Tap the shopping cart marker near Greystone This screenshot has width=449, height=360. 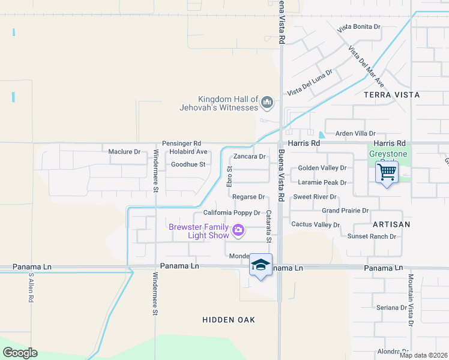tap(387, 172)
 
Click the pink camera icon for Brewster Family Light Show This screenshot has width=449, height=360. tap(238, 230)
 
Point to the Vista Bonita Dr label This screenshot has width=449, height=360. tap(359, 27)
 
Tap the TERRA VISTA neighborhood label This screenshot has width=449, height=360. tap(391, 95)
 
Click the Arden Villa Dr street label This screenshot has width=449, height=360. tap(355, 133)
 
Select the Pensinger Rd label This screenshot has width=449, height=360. tap(181, 143)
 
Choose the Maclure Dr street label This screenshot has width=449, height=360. tap(124, 152)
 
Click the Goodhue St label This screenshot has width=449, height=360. tap(188, 164)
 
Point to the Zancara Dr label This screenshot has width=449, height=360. tap(249, 156)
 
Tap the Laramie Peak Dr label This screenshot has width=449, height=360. tap(322, 182)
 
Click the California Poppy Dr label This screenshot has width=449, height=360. tap(231, 212)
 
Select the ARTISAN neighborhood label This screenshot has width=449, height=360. tap(391, 224)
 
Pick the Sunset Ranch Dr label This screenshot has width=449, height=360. tap(372, 236)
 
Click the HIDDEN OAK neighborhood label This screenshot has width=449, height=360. tap(229, 320)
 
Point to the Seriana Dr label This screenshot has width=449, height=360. tap(391, 308)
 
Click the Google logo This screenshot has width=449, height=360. tap(20, 353)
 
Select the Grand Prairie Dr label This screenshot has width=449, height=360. tap(345, 211)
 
